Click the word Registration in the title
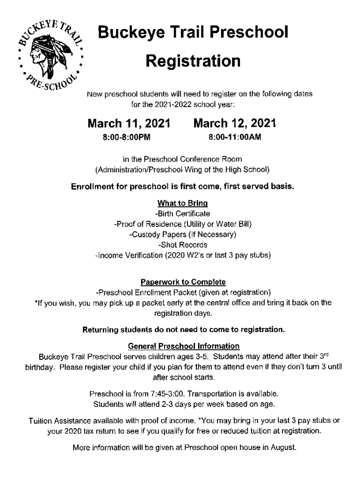[193, 60]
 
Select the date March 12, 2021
[235, 123]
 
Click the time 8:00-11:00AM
[235, 138]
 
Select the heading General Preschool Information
[184, 346]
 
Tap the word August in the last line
[283, 448]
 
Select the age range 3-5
[228, 356]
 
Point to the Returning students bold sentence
[184, 330]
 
